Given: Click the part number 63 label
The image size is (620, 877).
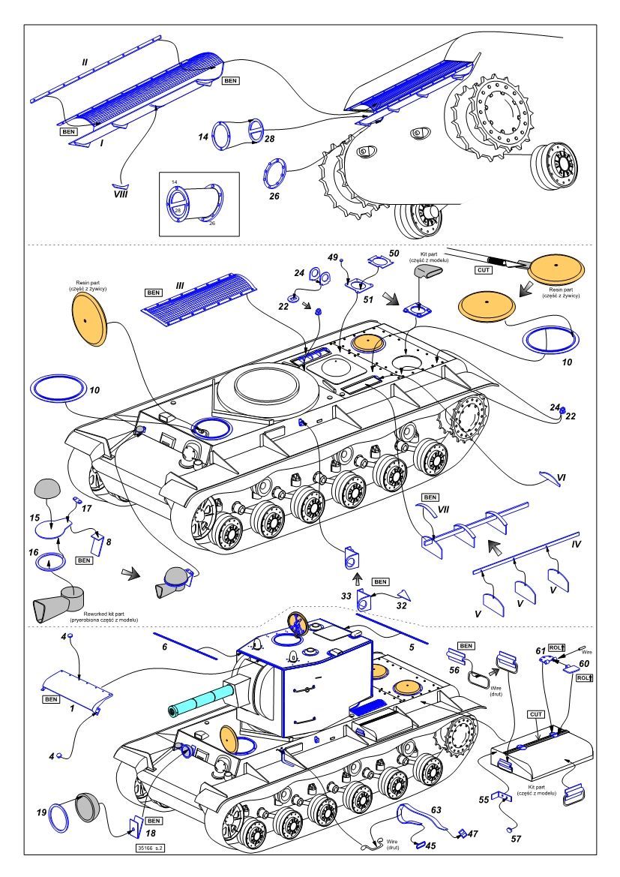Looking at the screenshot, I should pos(436,811).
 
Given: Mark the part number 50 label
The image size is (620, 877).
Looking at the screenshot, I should pos(394,253).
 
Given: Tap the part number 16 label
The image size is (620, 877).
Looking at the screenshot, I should pos(34,552).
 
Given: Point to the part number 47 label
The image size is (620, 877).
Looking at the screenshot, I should pos(472,833).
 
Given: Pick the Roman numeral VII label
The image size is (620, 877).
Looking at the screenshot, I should pos(444,509).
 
